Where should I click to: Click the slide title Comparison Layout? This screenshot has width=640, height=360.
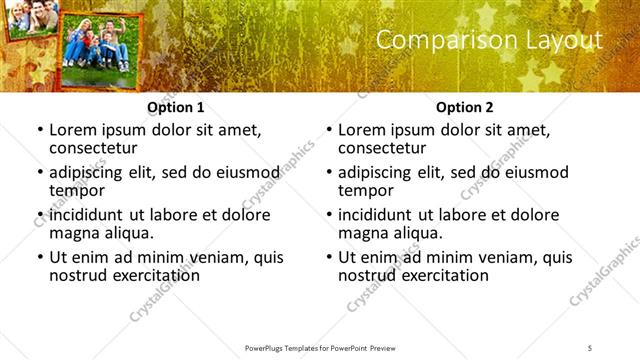click(x=490, y=40)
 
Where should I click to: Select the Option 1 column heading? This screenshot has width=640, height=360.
click(x=176, y=107)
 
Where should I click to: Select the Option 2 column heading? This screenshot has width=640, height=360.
click(x=465, y=107)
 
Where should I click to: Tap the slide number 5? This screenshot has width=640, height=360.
click(x=590, y=347)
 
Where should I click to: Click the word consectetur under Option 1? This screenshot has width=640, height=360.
click(x=99, y=148)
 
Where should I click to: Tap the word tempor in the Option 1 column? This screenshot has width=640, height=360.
click(x=77, y=191)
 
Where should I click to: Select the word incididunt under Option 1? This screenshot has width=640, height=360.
click(x=88, y=214)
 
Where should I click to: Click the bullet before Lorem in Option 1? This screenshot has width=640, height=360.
click(x=39, y=130)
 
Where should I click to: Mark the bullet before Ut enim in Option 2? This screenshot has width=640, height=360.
click(x=328, y=257)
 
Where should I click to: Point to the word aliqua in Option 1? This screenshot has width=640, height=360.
click(x=127, y=233)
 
